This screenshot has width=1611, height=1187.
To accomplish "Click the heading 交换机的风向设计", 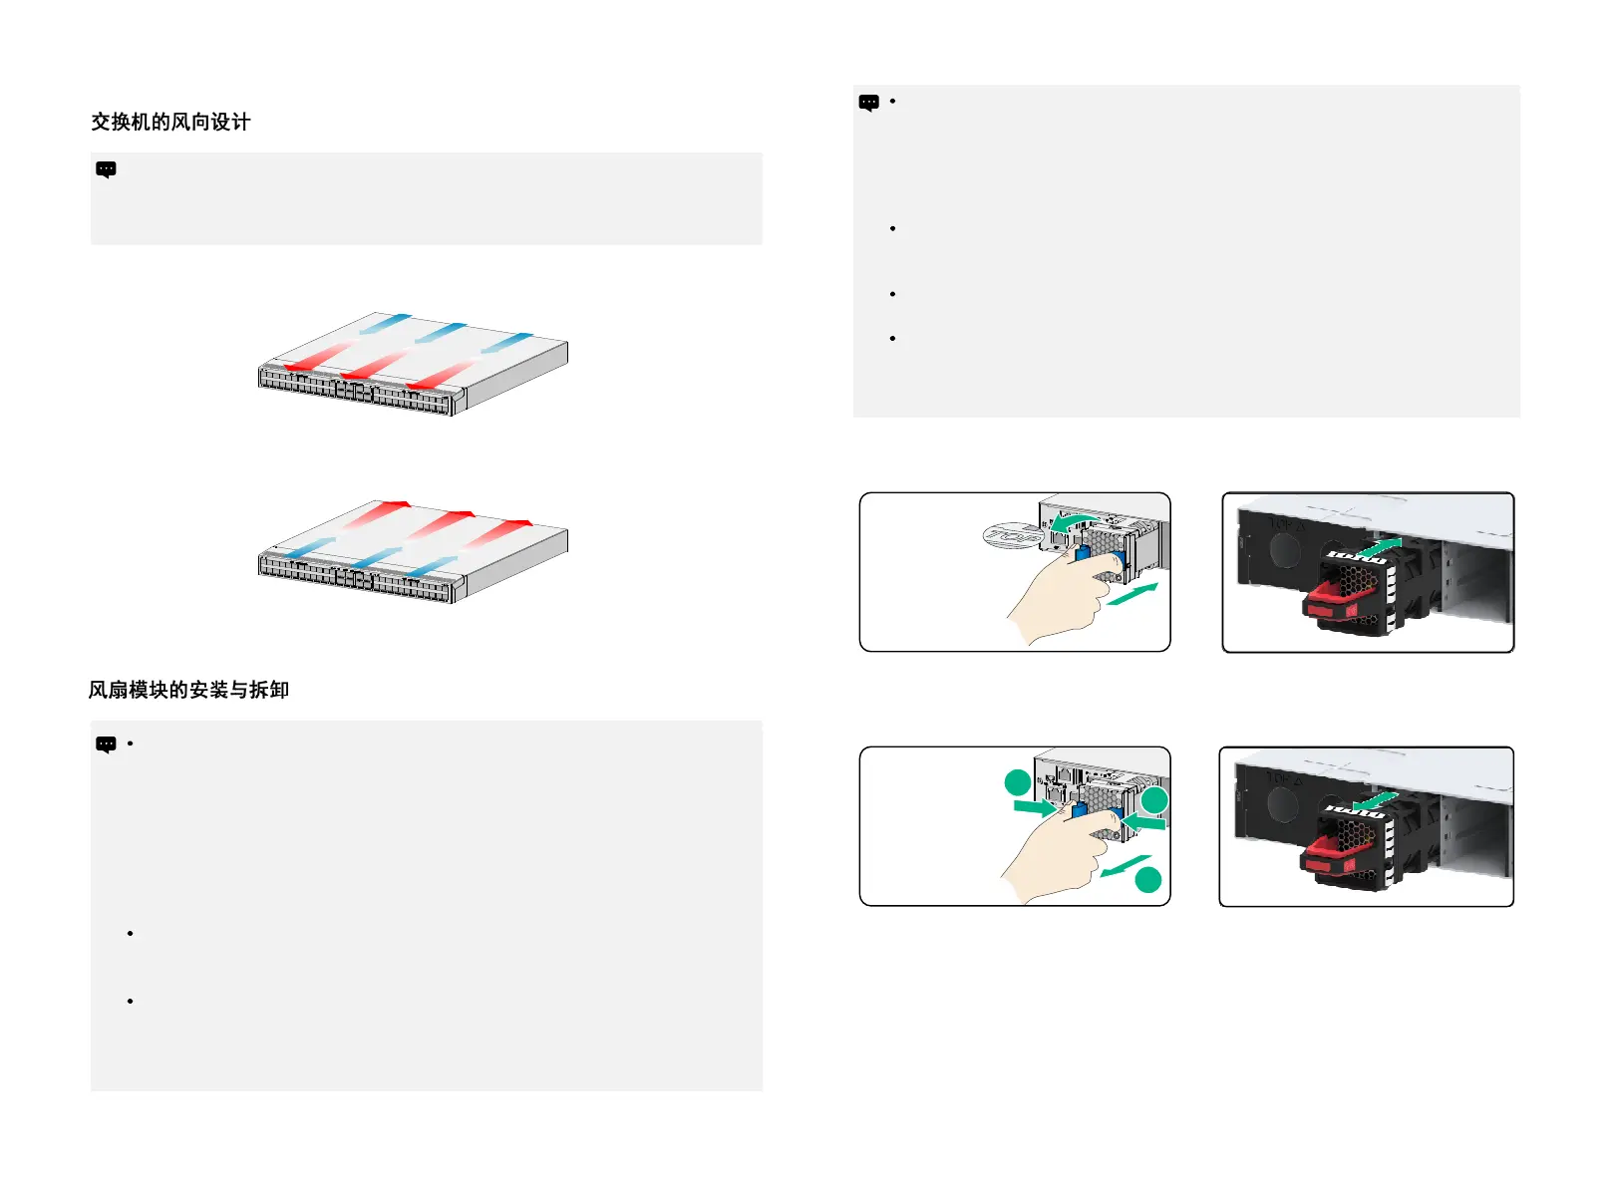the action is [x=170, y=123].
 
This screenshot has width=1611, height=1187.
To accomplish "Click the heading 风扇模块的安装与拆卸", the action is [x=188, y=690].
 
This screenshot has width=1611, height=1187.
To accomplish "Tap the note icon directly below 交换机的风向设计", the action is [x=106, y=169].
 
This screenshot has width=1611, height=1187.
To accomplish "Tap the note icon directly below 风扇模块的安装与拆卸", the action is [x=106, y=744].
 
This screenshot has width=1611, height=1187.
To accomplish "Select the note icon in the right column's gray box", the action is [x=868, y=103].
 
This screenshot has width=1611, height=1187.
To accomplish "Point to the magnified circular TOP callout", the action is [x=1013, y=536].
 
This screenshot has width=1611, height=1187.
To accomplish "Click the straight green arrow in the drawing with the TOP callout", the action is [x=1132, y=594].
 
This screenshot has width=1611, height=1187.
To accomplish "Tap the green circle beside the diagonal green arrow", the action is [x=1148, y=879].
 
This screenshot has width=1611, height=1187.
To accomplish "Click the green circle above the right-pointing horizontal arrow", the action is [x=1017, y=782].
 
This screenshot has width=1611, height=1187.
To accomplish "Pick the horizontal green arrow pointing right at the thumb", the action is [x=1034, y=807].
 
